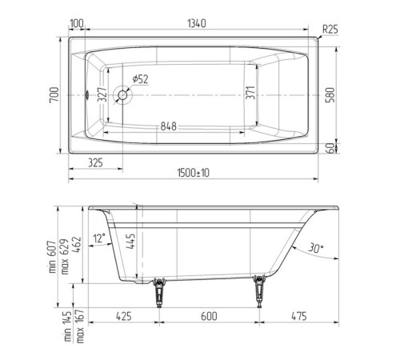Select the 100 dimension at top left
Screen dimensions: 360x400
(x=78, y=24)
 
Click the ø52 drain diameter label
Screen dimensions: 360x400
(x=139, y=78)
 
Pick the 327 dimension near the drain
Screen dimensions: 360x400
(x=103, y=94)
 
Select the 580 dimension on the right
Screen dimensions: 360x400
(x=342, y=94)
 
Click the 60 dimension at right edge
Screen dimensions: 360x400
(x=342, y=149)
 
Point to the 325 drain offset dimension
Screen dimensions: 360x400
(x=94, y=162)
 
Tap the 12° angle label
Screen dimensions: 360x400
(x=98, y=238)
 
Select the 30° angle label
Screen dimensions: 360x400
(x=315, y=249)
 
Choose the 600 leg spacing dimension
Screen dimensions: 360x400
(x=210, y=317)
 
